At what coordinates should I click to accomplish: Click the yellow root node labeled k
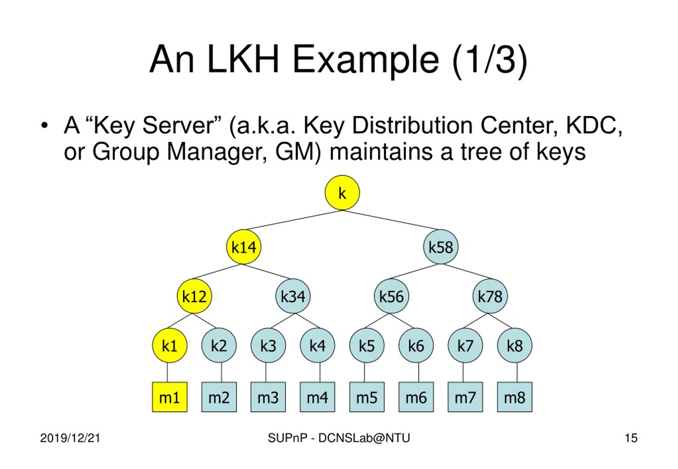pyautogui.click(x=342, y=193)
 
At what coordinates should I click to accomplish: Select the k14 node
pyautogui.click(x=243, y=247)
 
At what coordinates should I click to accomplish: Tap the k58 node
pyautogui.click(x=440, y=247)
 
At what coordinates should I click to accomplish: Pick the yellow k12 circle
pyautogui.click(x=194, y=296)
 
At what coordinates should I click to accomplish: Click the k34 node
pyautogui.click(x=293, y=296)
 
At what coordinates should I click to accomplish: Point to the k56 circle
pyautogui.click(x=391, y=296)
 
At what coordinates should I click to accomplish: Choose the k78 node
pyautogui.click(x=490, y=296)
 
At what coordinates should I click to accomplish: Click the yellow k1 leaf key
pyautogui.click(x=170, y=345)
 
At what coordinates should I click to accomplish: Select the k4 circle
pyautogui.click(x=317, y=345)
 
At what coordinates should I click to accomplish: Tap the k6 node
pyautogui.click(x=416, y=345)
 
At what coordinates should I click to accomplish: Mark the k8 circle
pyautogui.click(x=515, y=345)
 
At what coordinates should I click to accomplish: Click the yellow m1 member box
pyautogui.click(x=170, y=397)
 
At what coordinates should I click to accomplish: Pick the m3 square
pyautogui.click(x=268, y=397)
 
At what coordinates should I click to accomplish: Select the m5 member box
pyautogui.click(x=367, y=397)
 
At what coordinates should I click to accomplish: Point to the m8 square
pyautogui.click(x=515, y=397)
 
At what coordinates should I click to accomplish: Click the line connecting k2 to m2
pyautogui.click(x=221, y=372)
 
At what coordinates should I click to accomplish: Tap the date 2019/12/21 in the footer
pyautogui.click(x=70, y=438)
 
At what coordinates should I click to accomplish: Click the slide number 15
pyautogui.click(x=631, y=438)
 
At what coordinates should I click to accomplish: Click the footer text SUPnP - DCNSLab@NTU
pyautogui.click(x=339, y=438)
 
